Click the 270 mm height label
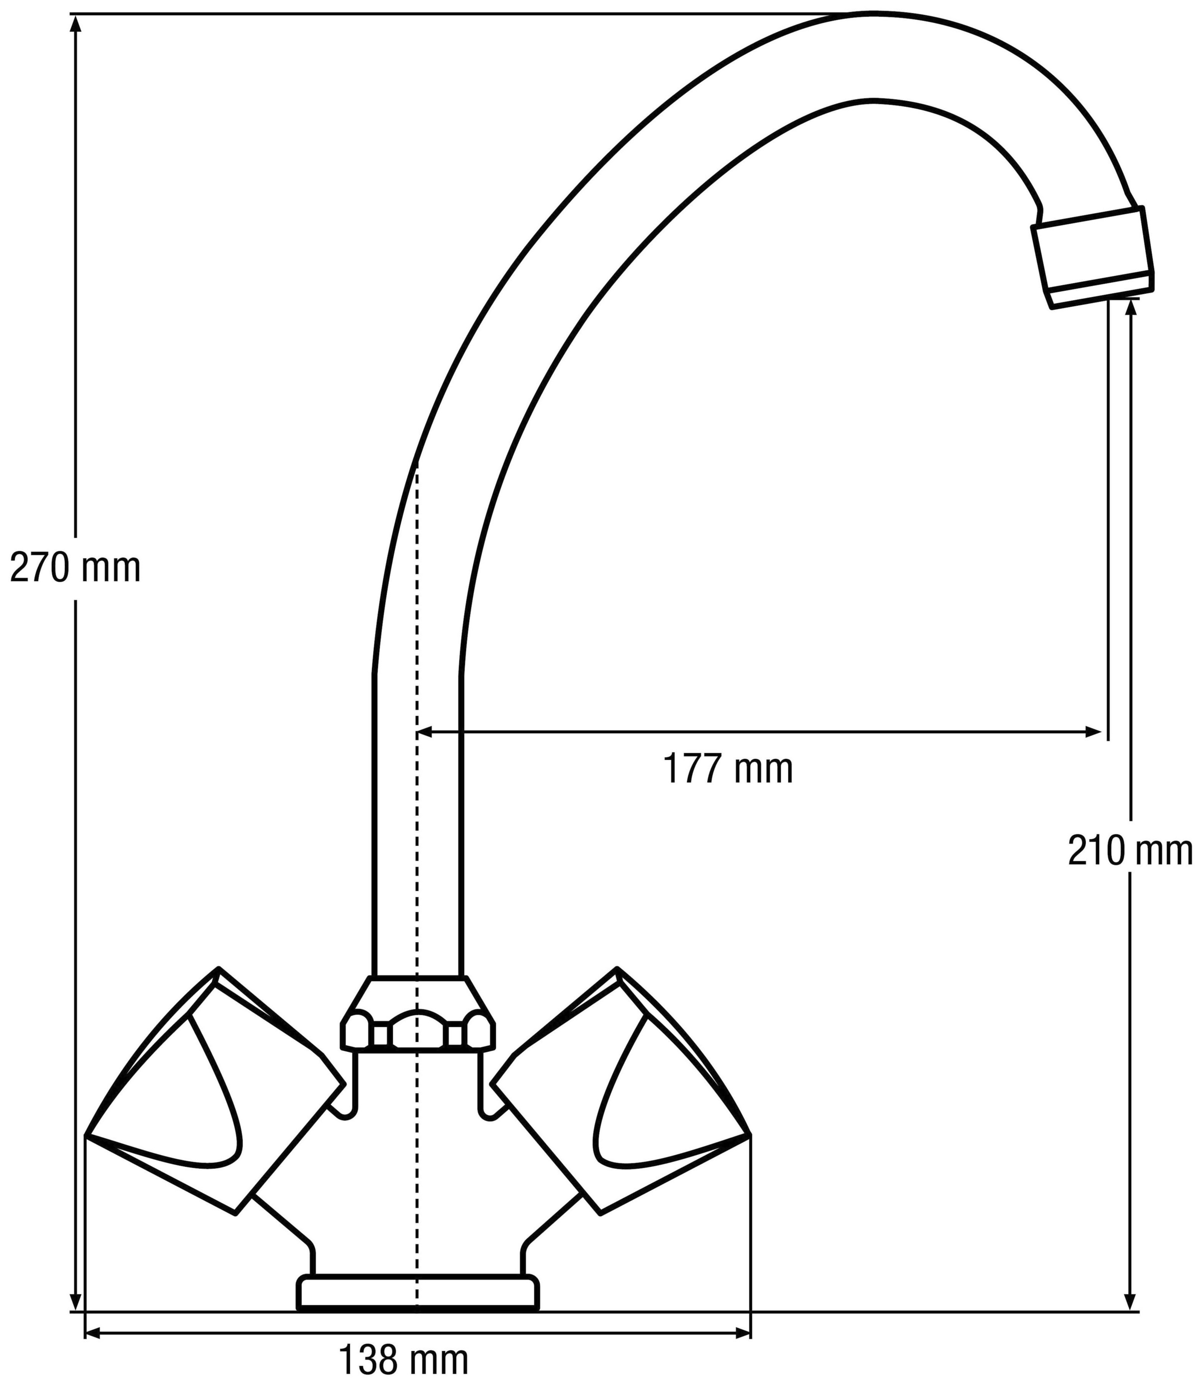click(75, 568)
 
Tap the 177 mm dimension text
click(728, 769)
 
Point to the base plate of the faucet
click(417, 1292)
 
